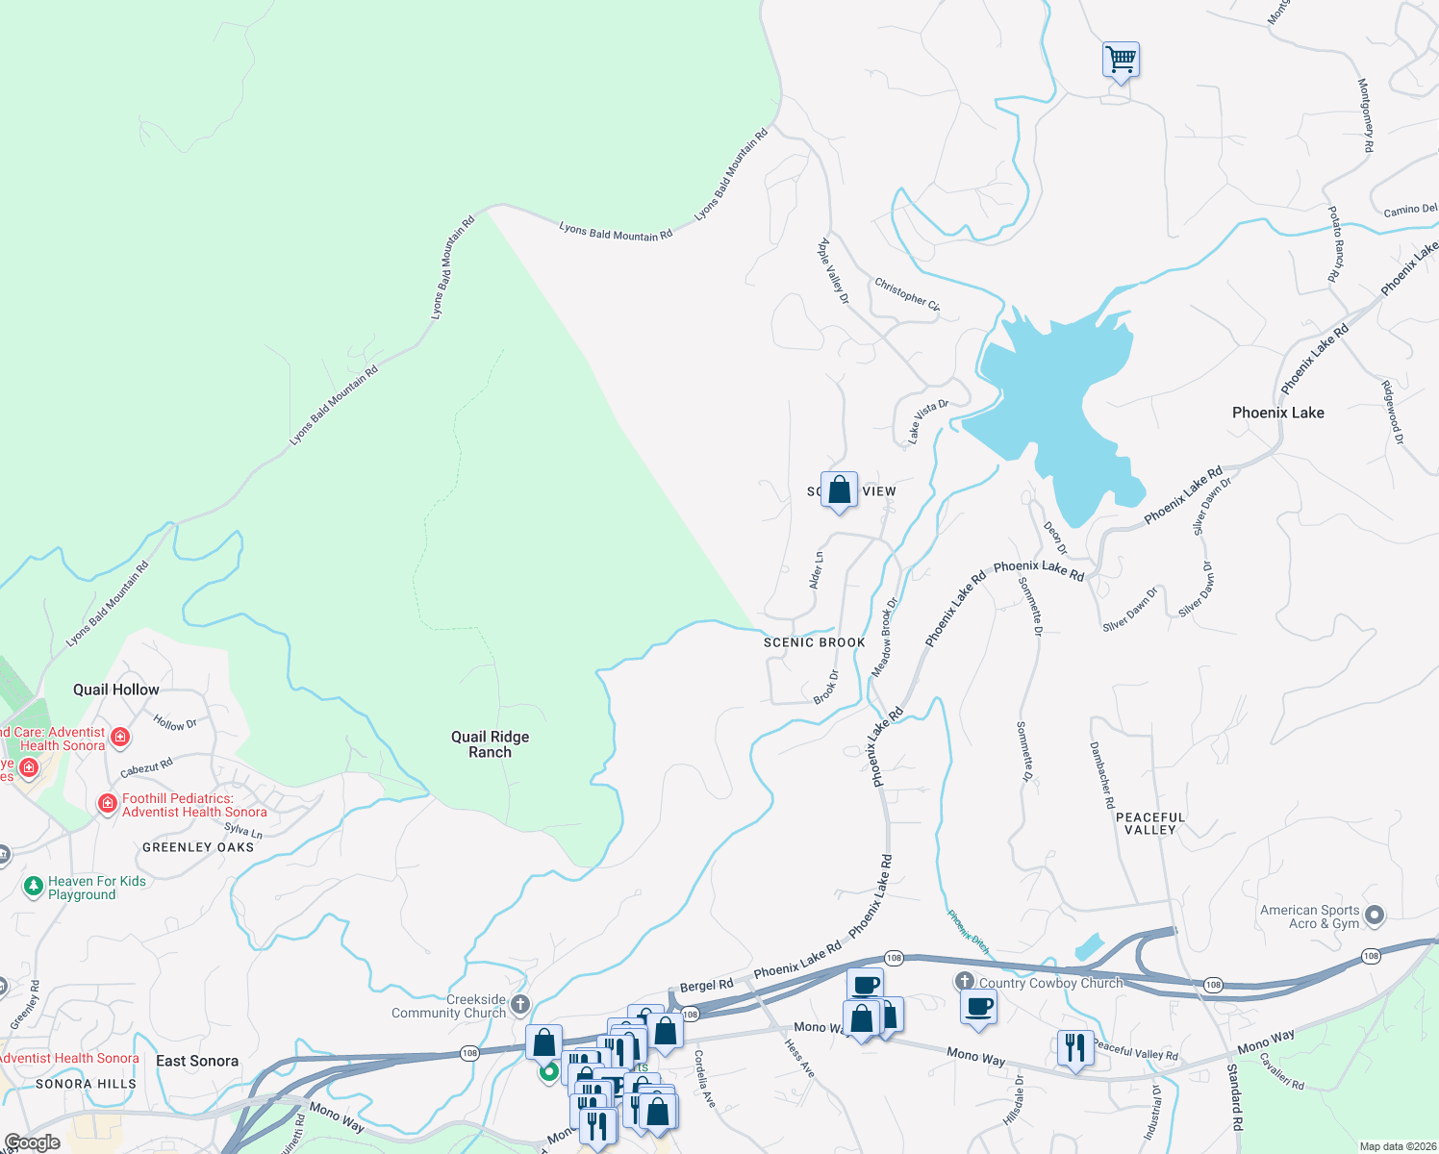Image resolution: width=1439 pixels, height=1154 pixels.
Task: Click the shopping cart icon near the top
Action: tap(1121, 60)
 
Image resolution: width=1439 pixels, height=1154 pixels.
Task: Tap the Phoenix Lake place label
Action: tap(1277, 413)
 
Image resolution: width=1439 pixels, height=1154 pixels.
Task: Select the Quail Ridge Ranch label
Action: tap(490, 744)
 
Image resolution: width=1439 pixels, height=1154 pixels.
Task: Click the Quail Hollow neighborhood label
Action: tap(116, 690)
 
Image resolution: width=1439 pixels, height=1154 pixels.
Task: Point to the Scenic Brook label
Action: tap(814, 642)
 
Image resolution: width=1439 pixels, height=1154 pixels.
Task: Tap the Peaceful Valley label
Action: tap(1150, 823)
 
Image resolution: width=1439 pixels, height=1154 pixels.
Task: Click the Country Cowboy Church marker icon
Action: tap(965, 982)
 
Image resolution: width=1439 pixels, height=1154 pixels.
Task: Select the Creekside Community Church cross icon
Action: tap(520, 1006)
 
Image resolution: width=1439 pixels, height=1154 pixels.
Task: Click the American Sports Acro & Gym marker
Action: tap(1375, 916)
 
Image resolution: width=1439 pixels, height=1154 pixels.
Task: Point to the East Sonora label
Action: tap(197, 1061)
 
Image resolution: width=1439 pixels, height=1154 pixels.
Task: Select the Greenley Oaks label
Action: tap(198, 847)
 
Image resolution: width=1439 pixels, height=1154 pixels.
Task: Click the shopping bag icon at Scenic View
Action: tap(839, 489)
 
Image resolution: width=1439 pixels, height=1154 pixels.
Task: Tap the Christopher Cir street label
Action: tap(907, 293)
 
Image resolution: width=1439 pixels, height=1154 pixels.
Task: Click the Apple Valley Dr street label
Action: tap(833, 271)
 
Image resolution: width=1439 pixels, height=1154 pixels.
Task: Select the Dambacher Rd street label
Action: tap(1102, 774)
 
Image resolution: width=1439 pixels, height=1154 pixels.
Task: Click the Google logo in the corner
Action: tap(32, 1142)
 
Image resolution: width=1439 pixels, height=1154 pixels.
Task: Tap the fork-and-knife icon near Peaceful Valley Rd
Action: tap(1074, 1047)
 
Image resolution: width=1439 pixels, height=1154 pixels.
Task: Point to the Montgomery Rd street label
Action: tap(1365, 115)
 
